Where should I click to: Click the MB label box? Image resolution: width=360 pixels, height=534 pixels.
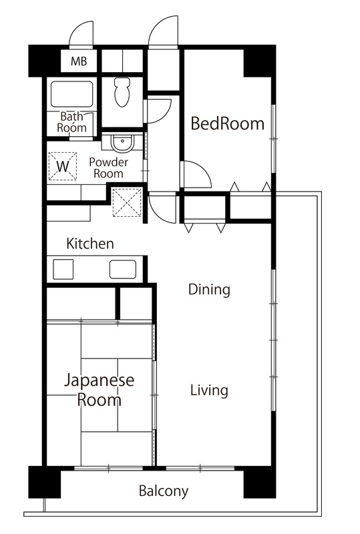(79, 63)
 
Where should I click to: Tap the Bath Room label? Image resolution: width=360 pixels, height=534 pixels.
(71, 121)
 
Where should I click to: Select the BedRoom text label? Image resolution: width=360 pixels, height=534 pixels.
(227, 123)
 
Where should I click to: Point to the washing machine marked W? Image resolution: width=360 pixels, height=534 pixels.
(63, 164)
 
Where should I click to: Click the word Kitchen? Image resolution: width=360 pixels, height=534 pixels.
(89, 244)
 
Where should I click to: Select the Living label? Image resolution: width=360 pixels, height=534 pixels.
(208, 390)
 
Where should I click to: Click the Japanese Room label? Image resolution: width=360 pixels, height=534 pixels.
(99, 390)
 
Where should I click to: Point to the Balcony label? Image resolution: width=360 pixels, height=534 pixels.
(163, 492)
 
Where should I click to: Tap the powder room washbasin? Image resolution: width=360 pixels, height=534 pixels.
(122, 143)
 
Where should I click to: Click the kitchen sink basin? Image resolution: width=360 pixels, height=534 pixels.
(124, 270)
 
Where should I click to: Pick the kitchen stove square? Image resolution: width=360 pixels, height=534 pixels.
(63, 270)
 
